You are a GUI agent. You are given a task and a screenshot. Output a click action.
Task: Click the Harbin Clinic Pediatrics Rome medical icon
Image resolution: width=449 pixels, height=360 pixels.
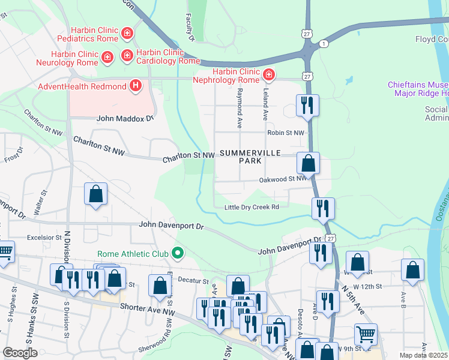(127, 33)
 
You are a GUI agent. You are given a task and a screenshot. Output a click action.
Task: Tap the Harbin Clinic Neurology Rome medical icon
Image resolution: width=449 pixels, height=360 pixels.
(107, 58)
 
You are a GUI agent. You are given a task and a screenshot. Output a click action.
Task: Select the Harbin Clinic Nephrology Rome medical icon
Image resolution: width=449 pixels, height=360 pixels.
(269, 76)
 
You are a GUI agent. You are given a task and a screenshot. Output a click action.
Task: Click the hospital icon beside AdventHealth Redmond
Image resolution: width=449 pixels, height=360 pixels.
(136, 86)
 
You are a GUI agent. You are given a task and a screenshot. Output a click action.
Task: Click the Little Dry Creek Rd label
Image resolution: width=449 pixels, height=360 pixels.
(252, 207)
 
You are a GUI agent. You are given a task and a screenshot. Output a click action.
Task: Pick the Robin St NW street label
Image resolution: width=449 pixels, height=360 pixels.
(286, 133)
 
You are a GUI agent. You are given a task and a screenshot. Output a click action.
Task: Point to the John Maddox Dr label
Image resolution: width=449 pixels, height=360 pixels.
(125, 119)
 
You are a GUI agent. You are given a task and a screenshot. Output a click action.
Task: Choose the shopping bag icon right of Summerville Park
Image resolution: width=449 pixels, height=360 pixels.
(308, 163)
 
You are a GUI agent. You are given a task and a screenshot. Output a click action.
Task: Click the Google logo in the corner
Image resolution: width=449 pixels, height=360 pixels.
(20, 353)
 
